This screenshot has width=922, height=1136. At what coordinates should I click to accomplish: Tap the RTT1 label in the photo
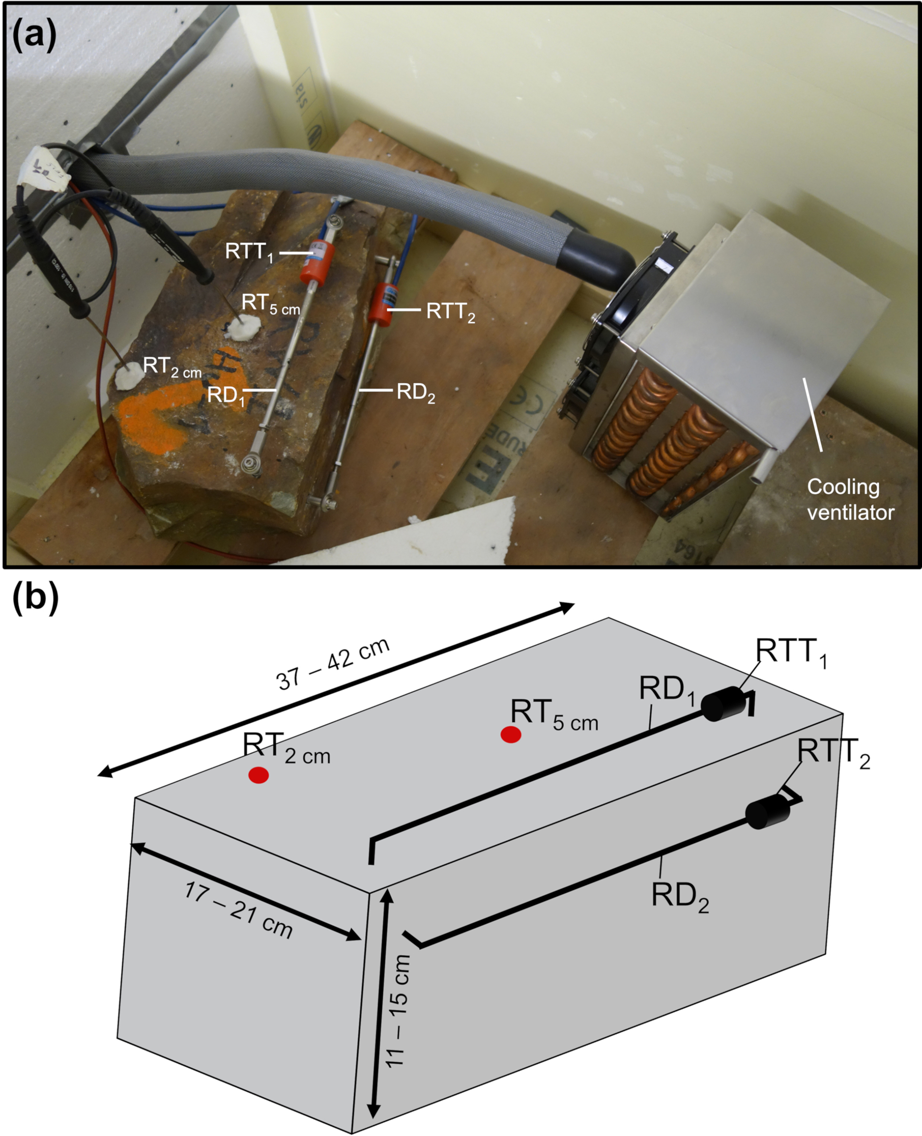[249, 252]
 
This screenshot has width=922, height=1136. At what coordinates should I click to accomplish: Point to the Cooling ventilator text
[850, 499]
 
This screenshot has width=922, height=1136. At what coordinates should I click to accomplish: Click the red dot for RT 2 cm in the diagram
[259, 775]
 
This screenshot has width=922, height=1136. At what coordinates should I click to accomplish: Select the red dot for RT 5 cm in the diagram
[511, 735]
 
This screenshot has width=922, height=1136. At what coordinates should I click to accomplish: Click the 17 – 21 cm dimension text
[238, 909]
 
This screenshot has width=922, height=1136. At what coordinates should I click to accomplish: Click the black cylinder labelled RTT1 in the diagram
[722, 704]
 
